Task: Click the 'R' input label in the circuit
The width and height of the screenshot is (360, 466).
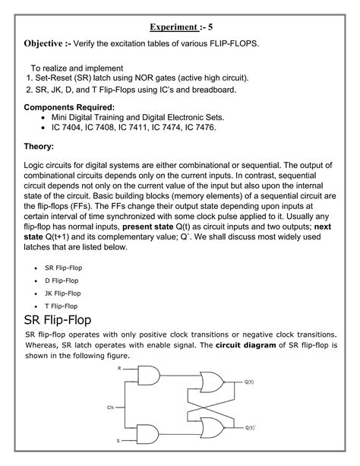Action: click(x=119, y=368)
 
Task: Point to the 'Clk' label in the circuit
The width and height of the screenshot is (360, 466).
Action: click(x=110, y=408)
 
